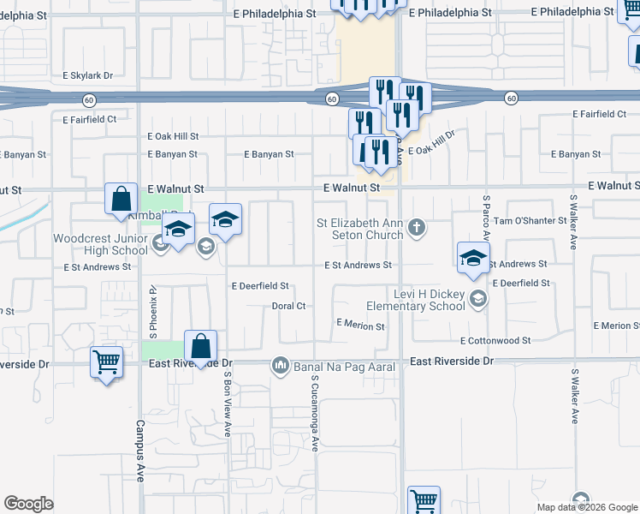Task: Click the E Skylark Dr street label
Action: tap(88, 75)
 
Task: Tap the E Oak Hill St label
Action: tap(173, 136)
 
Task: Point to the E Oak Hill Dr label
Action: tap(432, 145)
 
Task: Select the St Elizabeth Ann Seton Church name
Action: tap(359, 229)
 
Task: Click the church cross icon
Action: tap(417, 227)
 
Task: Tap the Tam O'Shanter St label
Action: tap(536, 220)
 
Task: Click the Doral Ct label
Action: tap(288, 306)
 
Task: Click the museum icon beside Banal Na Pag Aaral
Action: tap(280, 366)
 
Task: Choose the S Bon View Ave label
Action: tap(228, 403)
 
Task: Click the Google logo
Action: tap(29, 504)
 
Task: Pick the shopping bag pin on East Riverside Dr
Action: tap(200, 348)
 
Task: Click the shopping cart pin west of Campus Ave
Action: tap(106, 363)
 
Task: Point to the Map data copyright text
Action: tap(586, 507)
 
